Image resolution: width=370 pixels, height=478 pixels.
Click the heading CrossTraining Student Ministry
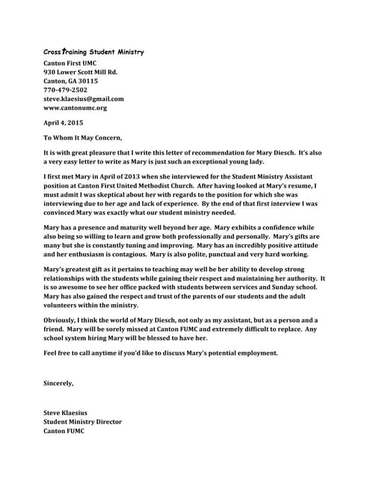pyautogui.click(x=93, y=52)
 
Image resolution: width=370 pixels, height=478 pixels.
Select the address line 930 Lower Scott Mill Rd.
pyautogui.click(x=81, y=72)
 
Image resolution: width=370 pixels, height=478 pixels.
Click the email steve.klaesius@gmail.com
pyautogui.click(x=84, y=99)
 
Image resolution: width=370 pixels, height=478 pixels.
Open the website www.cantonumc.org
pyautogui.click(x=75, y=108)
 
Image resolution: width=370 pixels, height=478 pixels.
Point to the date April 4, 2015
pyautogui.click(x=63, y=122)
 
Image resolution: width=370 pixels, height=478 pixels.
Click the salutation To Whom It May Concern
pyautogui.click(x=82, y=137)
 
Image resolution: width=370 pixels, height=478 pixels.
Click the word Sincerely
pyautogui.click(x=59, y=383)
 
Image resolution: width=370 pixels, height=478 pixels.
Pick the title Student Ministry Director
pyautogui.click(x=82, y=421)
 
